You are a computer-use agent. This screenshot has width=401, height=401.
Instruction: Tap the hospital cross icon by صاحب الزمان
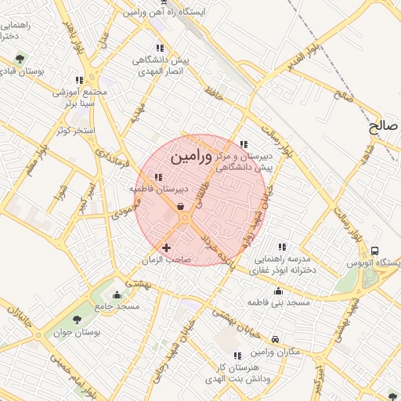166,247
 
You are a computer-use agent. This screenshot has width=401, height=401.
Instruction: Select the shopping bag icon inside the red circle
181,207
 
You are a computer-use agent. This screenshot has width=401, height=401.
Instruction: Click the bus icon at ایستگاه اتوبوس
375,251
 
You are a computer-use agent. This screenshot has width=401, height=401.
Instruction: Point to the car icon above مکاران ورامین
276,339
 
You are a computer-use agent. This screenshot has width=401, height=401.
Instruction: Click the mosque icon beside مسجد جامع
117,295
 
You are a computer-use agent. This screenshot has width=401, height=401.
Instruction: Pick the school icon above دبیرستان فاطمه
159,177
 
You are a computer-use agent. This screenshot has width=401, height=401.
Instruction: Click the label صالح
384,125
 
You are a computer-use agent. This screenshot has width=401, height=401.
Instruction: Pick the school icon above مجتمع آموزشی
79,80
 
